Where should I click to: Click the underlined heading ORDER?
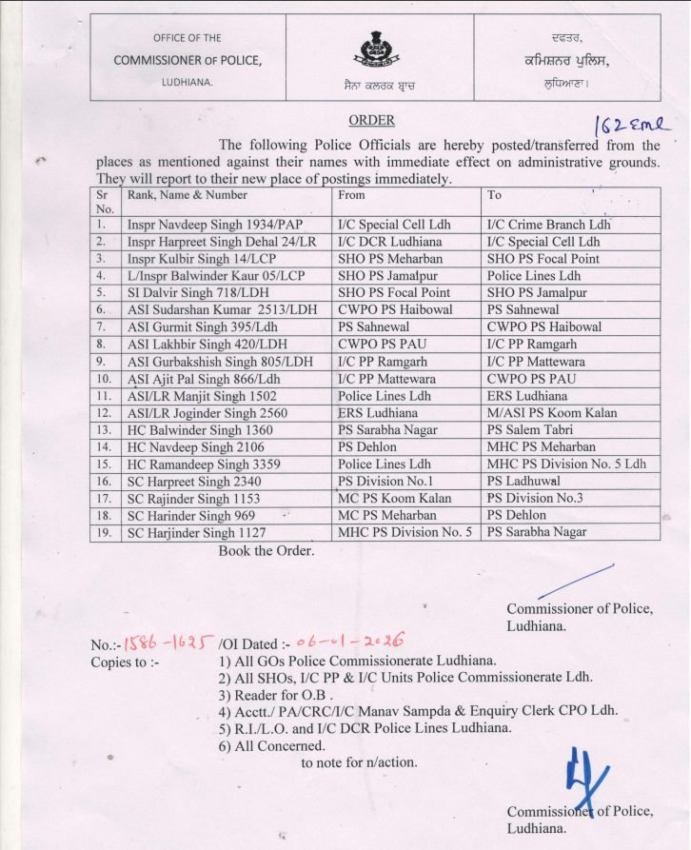370,121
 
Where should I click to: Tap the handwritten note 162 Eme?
630,125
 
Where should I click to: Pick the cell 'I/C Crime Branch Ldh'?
547,226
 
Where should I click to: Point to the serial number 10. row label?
105,378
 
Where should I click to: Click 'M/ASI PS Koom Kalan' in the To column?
552,412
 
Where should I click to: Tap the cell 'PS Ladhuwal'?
526,481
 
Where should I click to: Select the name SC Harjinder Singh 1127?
196,532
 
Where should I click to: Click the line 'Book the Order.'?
267,550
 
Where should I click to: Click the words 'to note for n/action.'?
359,761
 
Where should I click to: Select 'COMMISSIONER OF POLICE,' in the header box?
187,60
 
